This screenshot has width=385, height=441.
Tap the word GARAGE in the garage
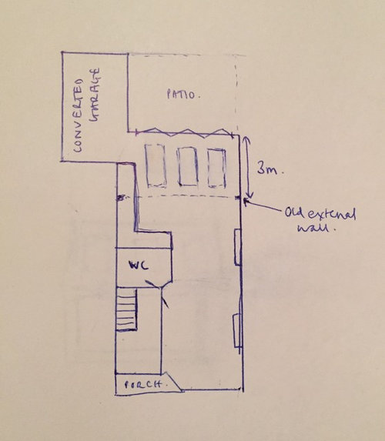click(95, 95)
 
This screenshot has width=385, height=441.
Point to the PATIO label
click(183, 94)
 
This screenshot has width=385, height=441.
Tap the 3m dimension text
click(269, 169)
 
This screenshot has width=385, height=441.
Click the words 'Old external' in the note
click(320, 214)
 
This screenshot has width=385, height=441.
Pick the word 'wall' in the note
click(317, 228)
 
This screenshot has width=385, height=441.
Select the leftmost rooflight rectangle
click(155, 165)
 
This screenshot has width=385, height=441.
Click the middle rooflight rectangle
click(187, 166)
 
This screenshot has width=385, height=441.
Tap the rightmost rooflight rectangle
click(216, 168)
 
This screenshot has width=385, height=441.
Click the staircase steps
click(126, 309)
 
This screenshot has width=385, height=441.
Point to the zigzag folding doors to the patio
click(184, 132)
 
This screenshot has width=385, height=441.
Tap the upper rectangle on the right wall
click(238, 247)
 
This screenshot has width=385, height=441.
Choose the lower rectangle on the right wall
click(237, 331)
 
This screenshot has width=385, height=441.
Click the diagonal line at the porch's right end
click(174, 381)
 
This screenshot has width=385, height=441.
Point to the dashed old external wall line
click(180, 197)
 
